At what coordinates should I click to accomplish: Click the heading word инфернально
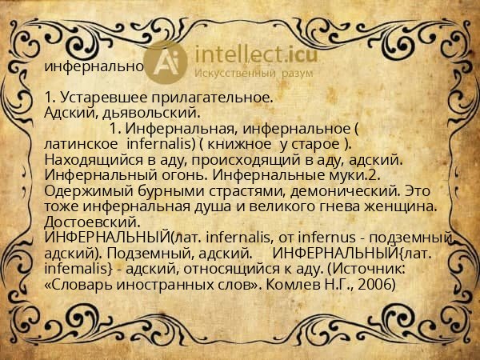tap(94, 66)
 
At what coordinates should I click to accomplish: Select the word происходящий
tap(228, 158)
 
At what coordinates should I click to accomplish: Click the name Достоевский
tap(94, 221)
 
